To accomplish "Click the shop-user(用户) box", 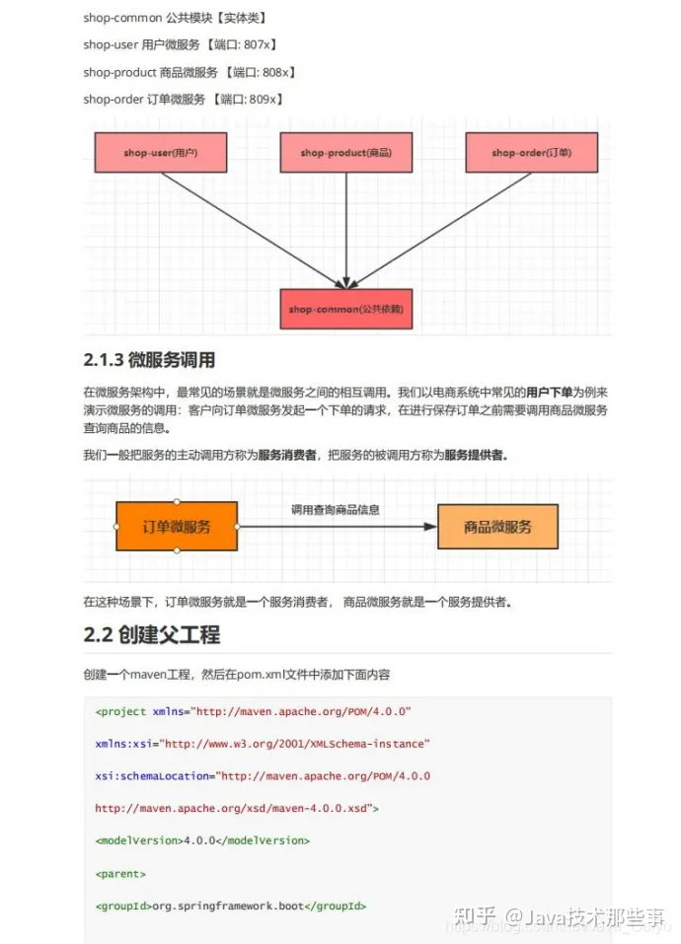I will pos(161,153).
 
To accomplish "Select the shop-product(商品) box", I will pos(346,153).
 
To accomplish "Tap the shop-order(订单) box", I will pos(531,153).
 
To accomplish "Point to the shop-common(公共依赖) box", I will pos(346,309).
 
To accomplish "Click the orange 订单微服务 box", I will pos(177,526).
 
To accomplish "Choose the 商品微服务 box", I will pos(497,527).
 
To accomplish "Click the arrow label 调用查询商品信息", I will pos(336,510).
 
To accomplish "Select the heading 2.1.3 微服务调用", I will pos(149,360).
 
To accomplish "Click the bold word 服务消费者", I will pos(287,455).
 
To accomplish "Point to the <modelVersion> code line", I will pos(202,840).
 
